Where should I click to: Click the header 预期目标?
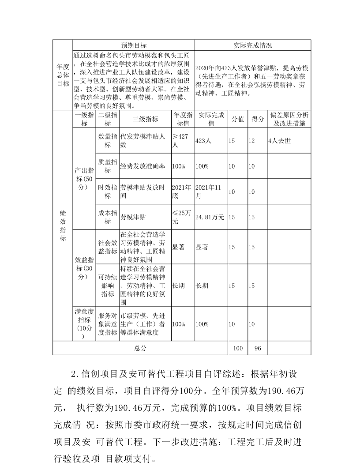[x=134, y=45]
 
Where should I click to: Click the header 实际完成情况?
[x=252, y=45]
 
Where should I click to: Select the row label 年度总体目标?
[x=63, y=80]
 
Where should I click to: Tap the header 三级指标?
[x=146, y=119]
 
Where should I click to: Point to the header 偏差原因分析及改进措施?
[x=289, y=119]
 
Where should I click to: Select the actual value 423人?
[x=203, y=141]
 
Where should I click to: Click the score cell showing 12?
[x=251, y=141]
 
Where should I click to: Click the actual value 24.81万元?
[x=210, y=217]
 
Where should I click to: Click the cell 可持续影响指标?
[x=108, y=286]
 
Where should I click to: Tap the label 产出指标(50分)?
[x=84, y=179]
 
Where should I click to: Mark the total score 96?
[x=258, y=348]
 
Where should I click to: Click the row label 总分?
[x=140, y=348]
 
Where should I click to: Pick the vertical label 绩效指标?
[x=63, y=225]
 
